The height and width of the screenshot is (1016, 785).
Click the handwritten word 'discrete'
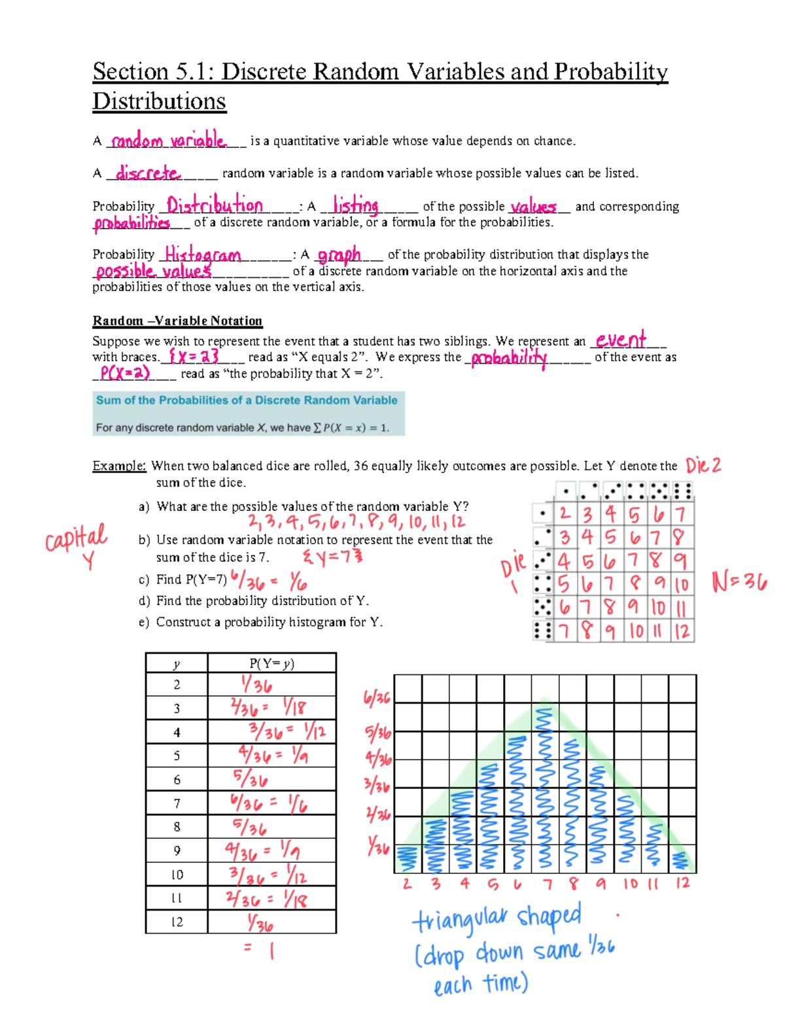point(148,173)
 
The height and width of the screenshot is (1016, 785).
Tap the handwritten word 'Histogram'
point(203,254)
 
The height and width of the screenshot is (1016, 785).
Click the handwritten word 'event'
point(621,340)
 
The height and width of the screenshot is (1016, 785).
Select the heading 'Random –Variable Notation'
point(177,321)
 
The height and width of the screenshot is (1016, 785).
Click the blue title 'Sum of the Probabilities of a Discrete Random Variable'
point(247,400)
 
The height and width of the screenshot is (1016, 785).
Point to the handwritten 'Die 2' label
point(703,466)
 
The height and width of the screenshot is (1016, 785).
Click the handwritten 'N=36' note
point(739,582)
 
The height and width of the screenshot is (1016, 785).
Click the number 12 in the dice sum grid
point(682,631)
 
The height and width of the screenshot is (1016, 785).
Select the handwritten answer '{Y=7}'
point(332,557)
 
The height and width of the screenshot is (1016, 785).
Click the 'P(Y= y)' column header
point(271,663)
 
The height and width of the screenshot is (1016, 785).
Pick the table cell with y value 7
point(177,803)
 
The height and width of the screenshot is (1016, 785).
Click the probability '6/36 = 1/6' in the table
point(268,803)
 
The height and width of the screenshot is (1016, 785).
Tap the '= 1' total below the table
point(260,949)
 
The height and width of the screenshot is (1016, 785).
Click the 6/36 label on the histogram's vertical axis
point(377,699)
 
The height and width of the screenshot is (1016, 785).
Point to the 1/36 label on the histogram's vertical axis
point(378,848)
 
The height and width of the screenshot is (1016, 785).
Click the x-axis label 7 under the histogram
point(547,885)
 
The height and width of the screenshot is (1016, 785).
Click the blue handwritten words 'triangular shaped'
point(497,919)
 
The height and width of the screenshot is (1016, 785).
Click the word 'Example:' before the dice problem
point(119,466)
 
